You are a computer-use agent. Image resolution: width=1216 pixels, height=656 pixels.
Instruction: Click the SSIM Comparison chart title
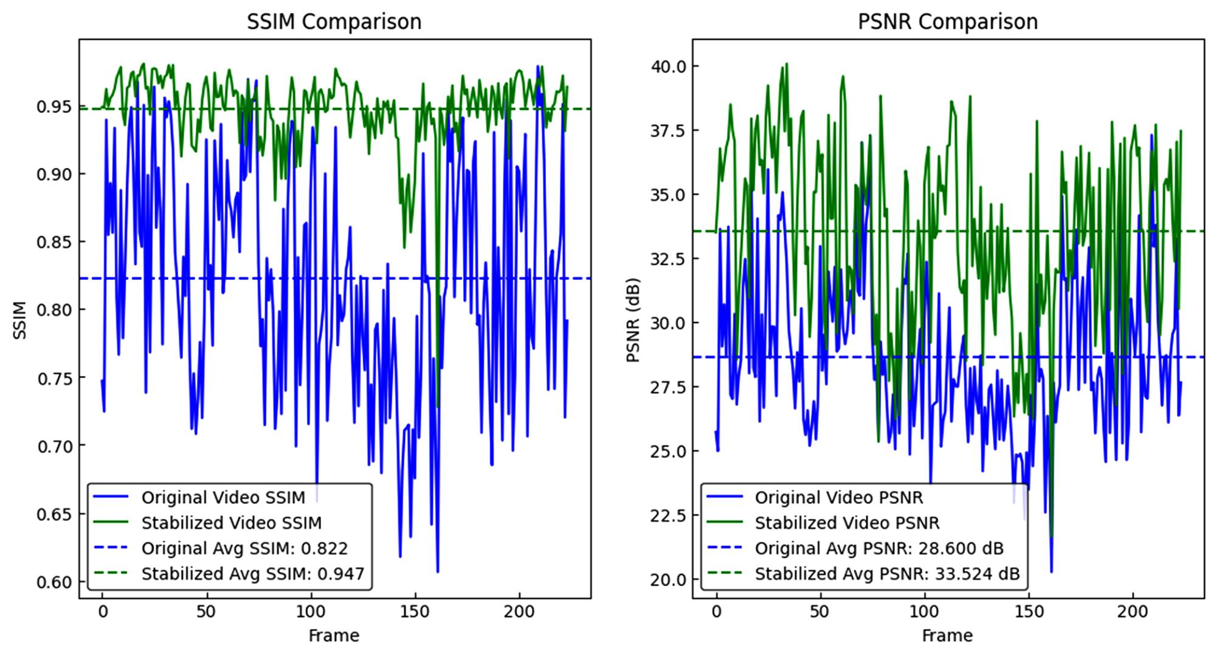tap(334, 22)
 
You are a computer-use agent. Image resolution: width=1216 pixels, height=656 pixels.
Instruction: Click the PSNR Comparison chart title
tap(947, 22)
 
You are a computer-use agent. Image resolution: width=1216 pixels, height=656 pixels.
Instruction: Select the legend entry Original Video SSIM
tap(223, 498)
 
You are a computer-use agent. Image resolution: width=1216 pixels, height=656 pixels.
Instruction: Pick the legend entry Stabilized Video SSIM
tap(231, 523)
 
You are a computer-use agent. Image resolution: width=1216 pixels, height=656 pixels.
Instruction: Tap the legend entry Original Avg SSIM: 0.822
tap(244, 549)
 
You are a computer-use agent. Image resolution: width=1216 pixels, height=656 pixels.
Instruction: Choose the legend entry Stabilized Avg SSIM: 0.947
tap(252, 574)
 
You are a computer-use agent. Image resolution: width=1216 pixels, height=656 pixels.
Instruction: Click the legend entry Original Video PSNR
tap(839, 498)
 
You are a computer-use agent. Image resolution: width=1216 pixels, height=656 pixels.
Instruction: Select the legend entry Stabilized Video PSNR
tap(847, 523)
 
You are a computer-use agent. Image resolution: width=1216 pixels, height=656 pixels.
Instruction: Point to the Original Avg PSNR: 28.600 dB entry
tap(879, 549)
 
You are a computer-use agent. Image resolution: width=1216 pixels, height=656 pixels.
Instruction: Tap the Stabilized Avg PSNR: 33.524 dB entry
tap(887, 574)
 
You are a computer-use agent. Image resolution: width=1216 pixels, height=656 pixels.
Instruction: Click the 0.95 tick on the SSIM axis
tap(54, 107)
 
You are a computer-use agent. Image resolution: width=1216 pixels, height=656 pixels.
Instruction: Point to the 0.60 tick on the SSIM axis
tap(54, 582)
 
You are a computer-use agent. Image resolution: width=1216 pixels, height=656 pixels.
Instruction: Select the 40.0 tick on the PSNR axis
tap(667, 66)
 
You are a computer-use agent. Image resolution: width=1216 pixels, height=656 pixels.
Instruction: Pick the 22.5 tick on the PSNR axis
tap(667, 516)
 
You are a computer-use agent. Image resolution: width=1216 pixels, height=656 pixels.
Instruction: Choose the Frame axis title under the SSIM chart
tap(334, 637)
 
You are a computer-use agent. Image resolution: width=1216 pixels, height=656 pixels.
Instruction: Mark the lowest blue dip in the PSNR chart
tap(1052, 571)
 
